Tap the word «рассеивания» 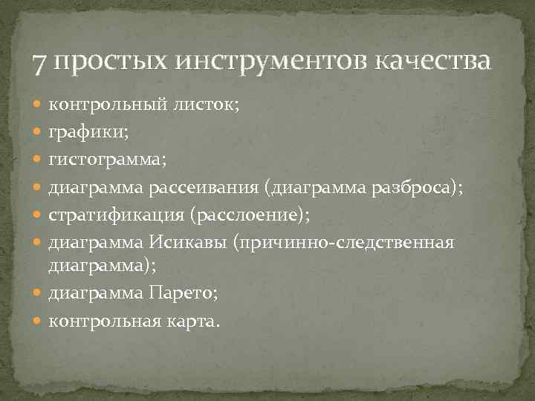pos(209,189)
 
